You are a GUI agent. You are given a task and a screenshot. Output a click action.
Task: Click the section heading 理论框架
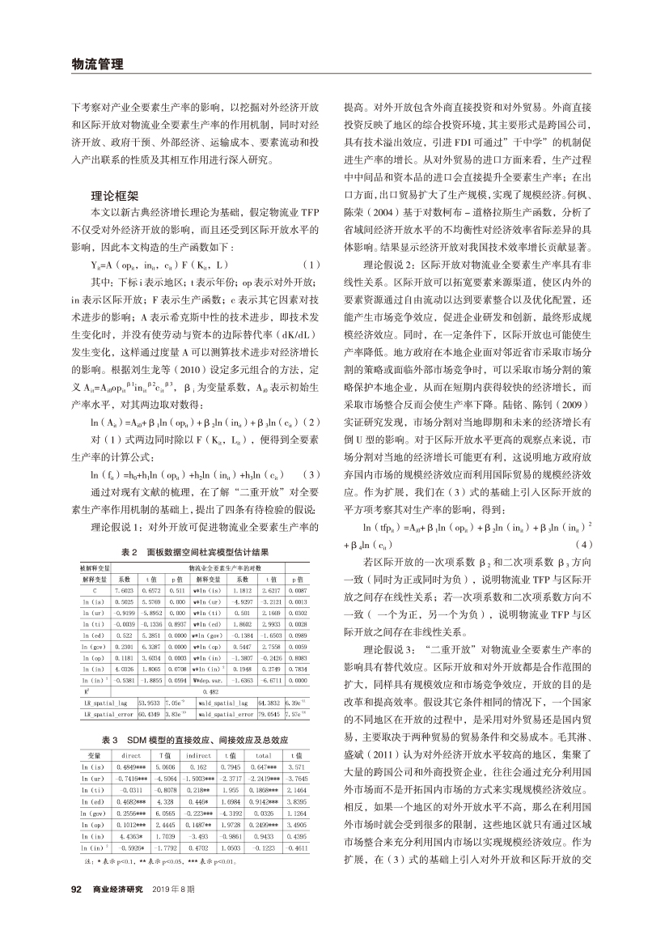click(116, 195)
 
